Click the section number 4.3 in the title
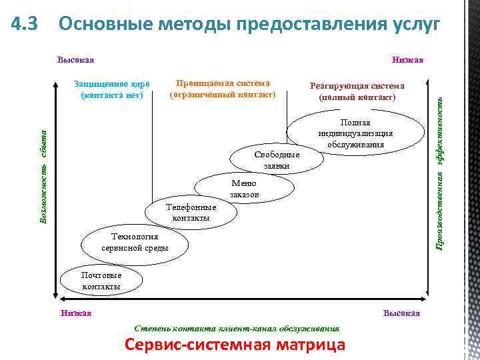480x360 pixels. (27, 25)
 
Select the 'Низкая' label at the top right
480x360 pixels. (408, 61)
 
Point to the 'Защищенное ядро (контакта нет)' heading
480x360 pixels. (112, 89)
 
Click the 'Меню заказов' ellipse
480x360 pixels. (244, 189)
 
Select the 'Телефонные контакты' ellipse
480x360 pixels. (191, 212)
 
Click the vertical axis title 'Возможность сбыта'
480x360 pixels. (43, 177)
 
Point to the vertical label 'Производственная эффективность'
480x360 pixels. (440, 171)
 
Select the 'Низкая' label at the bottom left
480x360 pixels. (75, 313)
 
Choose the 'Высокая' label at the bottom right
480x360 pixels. (401, 313)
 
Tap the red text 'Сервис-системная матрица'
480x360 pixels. (235, 345)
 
